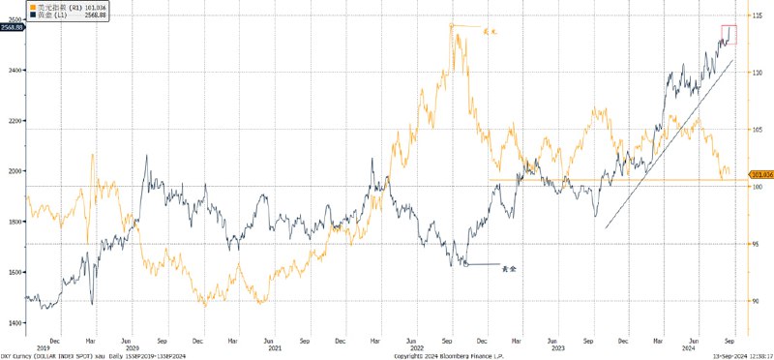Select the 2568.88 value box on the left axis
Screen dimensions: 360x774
click(12, 28)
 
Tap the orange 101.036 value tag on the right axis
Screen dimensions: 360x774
click(760, 174)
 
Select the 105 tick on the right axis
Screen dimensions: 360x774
click(756, 130)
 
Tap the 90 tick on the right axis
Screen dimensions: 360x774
click(756, 300)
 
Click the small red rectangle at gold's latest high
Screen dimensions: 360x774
click(729, 34)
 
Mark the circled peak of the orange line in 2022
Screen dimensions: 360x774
click(452, 26)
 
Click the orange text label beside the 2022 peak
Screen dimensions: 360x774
click(489, 30)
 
